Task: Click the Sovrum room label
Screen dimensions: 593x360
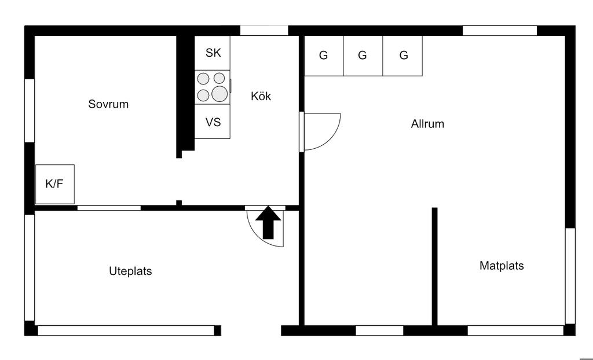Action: point(108,104)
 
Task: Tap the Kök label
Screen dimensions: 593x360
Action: point(261,96)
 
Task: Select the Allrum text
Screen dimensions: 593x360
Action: point(427,123)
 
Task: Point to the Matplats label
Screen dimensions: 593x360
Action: point(502,266)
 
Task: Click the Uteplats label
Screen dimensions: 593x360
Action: point(130,271)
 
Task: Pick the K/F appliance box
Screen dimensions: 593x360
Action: point(54,184)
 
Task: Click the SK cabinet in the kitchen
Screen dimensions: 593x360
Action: point(213,53)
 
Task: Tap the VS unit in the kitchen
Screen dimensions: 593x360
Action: point(213,122)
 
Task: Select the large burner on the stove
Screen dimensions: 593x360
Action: point(219,93)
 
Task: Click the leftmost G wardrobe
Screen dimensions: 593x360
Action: point(324,56)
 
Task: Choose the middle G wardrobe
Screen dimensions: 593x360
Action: point(363,56)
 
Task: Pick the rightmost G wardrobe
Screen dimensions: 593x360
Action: point(403,56)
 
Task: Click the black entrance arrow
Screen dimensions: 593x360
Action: point(268,223)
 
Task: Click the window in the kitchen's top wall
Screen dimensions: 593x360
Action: point(264,31)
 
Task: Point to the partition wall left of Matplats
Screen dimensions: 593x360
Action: point(434,266)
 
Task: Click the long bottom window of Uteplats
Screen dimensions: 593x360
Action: point(126,330)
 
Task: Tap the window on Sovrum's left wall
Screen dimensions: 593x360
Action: point(29,110)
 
